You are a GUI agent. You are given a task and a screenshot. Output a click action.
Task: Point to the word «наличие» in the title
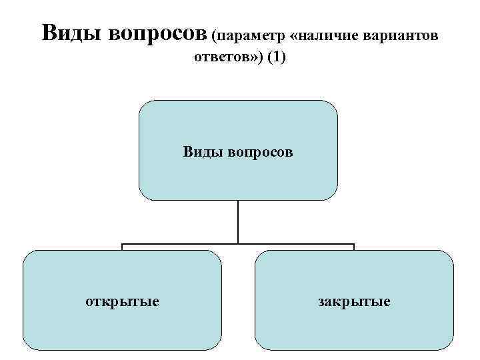pyautogui.click(x=328, y=33)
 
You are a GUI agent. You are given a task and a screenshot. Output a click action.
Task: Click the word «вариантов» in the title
pyautogui.click(x=401, y=33)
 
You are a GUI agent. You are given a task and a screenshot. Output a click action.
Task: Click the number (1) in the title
pyautogui.click(x=276, y=57)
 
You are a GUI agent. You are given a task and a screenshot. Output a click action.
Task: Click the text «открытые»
pyautogui.click(x=122, y=301)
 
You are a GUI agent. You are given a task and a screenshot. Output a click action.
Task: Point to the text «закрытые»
pyautogui.click(x=354, y=301)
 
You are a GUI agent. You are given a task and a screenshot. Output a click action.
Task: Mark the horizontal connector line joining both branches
pyautogui.click(x=180, y=245)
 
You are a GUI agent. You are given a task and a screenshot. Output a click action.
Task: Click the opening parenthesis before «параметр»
pyautogui.click(x=214, y=33)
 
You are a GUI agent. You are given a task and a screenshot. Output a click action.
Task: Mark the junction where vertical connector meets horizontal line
pyautogui.click(x=238, y=245)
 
